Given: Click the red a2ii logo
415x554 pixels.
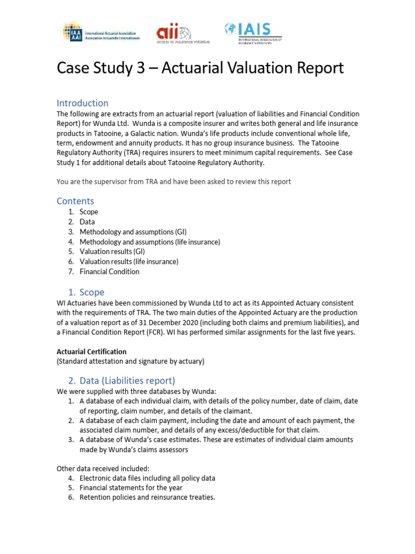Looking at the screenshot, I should (x=182, y=34).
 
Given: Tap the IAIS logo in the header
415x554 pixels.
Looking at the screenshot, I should (x=253, y=32).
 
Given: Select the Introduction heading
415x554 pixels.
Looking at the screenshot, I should (x=82, y=103).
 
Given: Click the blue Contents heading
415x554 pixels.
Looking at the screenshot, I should (x=75, y=201).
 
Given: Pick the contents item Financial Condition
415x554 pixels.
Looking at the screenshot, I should (x=109, y=272).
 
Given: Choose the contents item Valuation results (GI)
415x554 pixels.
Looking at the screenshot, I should (x=112, y=252).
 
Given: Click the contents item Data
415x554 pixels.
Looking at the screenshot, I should (x=87, y=222).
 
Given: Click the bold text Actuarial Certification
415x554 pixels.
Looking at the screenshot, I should (x=91, y=352).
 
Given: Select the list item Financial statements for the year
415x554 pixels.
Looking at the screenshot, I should (x=131, y=487).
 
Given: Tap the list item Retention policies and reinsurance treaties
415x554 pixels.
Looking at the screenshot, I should (x=147, y=497).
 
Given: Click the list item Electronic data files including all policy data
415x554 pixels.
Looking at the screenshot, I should (x=147, y=478).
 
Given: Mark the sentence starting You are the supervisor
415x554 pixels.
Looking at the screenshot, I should (x=173, y=181).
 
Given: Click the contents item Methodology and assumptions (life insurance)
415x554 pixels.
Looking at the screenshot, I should (x=150, y=242).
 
